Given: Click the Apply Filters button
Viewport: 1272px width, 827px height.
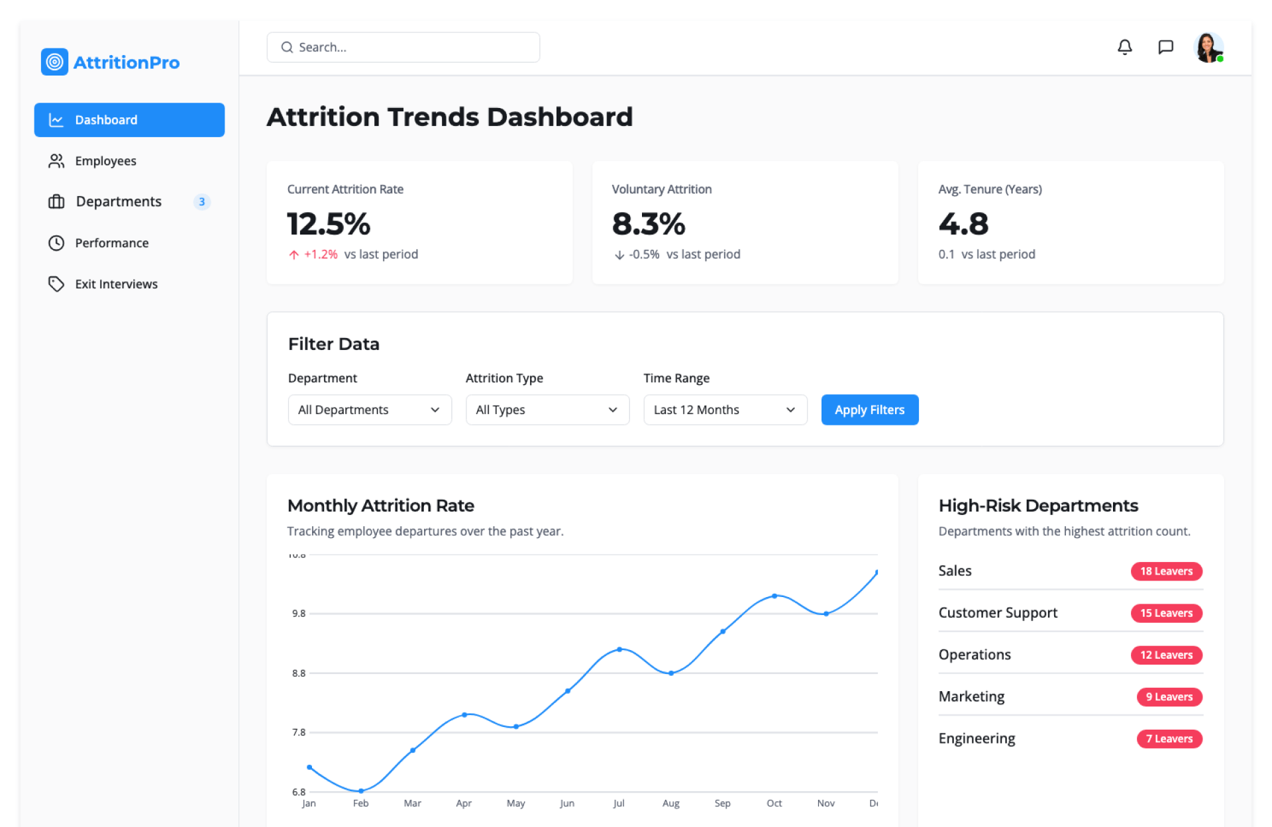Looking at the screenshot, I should (x=869, y=410).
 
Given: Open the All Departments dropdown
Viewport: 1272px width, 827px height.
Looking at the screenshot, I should (x=369, y=410).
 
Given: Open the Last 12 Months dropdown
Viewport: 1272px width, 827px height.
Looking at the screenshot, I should (x=725, y=410).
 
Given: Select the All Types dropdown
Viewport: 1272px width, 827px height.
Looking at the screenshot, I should (x=547, y=410).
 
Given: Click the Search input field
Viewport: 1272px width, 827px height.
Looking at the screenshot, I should (x=403, y=47).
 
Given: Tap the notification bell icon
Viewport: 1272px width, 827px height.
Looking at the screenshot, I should (x=1124, y=47).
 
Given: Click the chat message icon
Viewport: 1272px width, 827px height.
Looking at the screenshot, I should (x=1165, y=47).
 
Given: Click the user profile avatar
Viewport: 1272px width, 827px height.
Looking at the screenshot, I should (x=1208, y=48).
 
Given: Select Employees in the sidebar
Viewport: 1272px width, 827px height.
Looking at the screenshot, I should (x=105, y=161).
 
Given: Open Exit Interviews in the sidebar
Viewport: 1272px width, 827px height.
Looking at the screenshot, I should (x=116, y=284).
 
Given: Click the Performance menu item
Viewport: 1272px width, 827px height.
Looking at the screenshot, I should (x=111, y=243).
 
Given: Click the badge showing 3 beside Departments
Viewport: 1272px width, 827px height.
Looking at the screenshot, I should (x=202, y=201).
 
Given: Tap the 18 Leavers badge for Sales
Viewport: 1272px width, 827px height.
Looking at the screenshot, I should (x=1166, y=571).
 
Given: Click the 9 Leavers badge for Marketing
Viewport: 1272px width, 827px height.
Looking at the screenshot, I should (x=1169, y=697).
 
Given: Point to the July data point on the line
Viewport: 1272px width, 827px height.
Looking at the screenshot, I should (x=619, y=649).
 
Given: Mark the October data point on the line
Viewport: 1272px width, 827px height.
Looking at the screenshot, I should (x=774, y=596).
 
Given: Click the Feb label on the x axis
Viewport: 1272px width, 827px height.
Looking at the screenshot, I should (x=360, y=803).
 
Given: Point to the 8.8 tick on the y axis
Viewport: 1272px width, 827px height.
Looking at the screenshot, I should (x=299, y=673).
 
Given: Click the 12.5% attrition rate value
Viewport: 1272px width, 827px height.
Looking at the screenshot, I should (x=329, y=224).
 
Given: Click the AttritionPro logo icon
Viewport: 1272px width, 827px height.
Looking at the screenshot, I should (x=54, y=62).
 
